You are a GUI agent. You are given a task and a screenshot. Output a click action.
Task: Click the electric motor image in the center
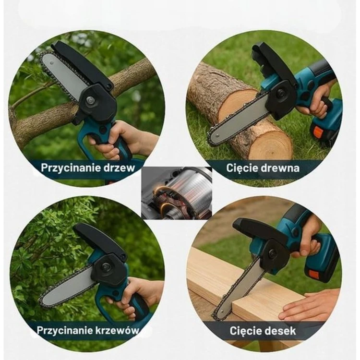click(x=176, y=193)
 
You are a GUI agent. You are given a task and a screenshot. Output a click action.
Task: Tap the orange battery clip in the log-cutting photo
click(x=317, y=132)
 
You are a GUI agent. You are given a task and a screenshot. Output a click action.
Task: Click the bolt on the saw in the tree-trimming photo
click(x=90, y=100)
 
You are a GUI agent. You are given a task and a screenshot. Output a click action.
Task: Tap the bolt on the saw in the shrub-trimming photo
click(x=106, y=266)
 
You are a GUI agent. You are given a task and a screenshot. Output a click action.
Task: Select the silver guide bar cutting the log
click(x=239, y=120)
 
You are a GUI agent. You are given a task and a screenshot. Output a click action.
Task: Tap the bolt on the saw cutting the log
click(x=281, y=93)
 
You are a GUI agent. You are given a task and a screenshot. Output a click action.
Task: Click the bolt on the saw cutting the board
click(x=273, y=252)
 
